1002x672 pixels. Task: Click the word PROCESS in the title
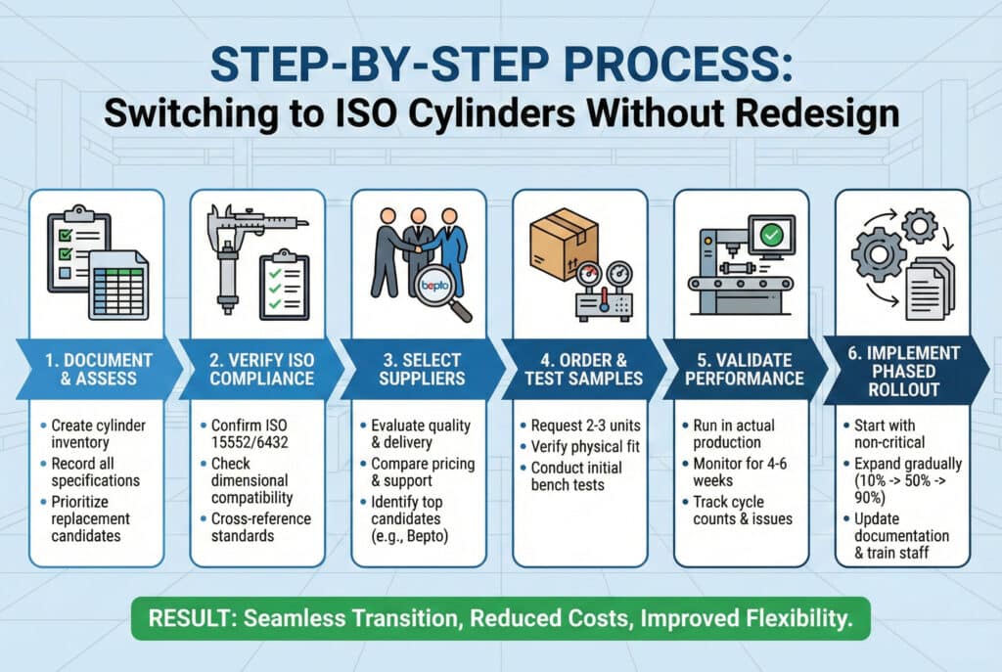[677, 64]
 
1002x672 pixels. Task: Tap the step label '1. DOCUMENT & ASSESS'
[99, 369]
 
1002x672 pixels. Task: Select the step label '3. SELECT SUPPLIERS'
[422, 369]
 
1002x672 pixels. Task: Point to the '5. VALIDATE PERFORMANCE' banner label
[745, 369]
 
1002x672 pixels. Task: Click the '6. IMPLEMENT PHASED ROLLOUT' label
[903, 371]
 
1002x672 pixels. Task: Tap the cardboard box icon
[564, 243]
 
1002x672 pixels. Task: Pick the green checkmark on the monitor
[772, 235]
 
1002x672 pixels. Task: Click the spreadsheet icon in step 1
[118, 286]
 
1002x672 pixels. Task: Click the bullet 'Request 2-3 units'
[580, 426]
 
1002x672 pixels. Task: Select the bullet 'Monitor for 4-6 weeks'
[734, 472]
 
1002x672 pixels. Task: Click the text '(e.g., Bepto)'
[410, 536]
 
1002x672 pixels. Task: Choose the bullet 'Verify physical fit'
[579, 446]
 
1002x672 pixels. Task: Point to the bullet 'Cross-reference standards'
[255, 527]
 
